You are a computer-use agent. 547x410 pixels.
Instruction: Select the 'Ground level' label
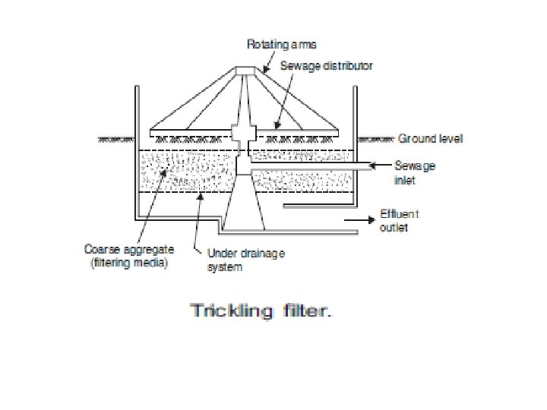pyautogui.click(x=431, y=139)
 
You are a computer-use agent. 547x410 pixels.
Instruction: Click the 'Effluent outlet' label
pyautogui.click(x=399, y=220)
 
